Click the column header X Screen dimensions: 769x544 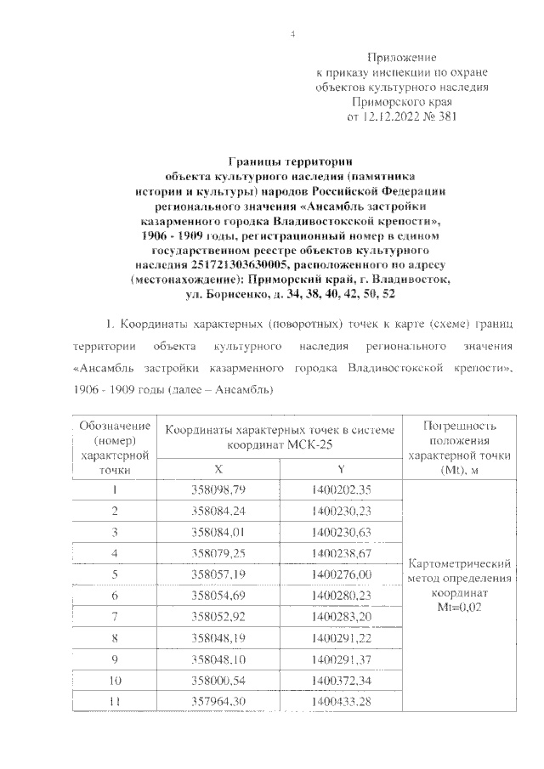[x=221, y=468]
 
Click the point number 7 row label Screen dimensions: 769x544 [x=115, y=618]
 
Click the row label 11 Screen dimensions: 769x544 [x=115, y=703]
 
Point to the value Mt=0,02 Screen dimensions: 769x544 [x=458, y=607]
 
